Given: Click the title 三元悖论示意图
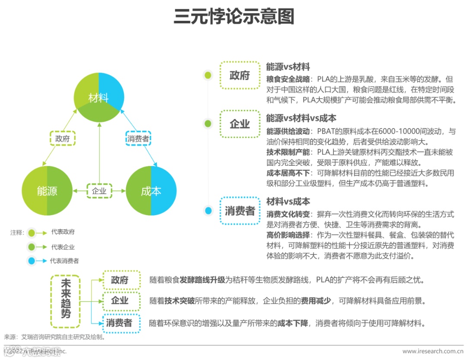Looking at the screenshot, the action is (233, 17).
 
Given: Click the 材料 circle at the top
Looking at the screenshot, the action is (99, 98).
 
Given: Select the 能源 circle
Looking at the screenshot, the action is (47, 190).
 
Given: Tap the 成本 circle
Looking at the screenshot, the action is (151, 190).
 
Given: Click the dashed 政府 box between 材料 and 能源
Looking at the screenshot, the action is (62, 138).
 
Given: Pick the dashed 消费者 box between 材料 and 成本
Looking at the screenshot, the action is (138, 138).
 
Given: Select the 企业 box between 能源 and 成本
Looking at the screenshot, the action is (99, 190).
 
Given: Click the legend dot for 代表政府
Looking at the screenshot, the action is (31, 233).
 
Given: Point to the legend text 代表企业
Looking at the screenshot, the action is (63, 247).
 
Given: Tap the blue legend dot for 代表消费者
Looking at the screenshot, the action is (31, 261).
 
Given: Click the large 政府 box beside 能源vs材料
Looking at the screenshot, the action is (240, 75).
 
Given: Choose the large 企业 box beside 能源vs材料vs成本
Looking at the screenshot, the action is (240, 124).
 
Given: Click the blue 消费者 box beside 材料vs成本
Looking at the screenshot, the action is (240, 211).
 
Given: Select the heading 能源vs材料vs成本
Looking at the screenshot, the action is (301, 118).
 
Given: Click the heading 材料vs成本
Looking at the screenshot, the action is (288, 202).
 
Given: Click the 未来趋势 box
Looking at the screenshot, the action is (66, 301).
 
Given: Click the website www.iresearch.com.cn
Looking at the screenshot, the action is (433, 351).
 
